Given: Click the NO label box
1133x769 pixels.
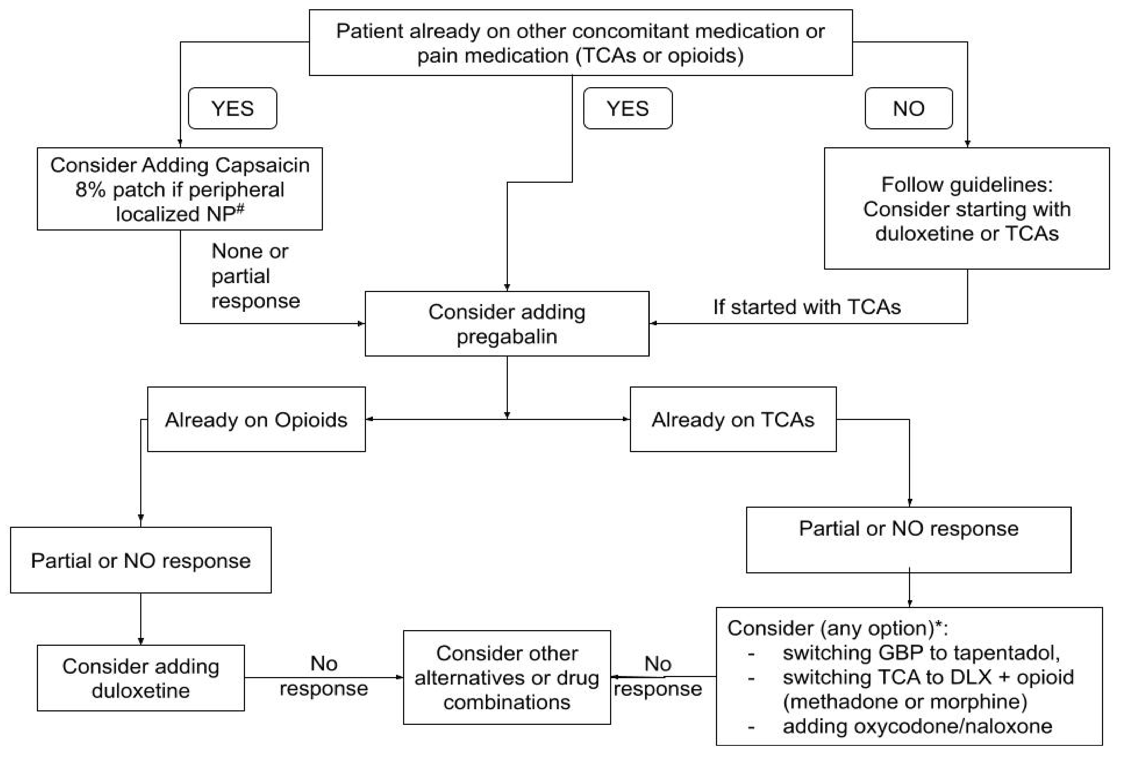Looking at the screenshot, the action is [909, 108].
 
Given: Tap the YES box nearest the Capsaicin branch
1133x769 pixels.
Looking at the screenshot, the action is [232, 108].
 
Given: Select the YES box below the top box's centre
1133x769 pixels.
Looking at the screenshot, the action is [628, 108].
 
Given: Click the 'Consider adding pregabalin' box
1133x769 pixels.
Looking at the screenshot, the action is [507, 324].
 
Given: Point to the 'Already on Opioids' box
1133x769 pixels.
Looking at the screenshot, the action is [256, 419].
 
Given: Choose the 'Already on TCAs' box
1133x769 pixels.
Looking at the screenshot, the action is [733, 419].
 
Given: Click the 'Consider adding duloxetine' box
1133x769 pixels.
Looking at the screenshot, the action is [141, 678].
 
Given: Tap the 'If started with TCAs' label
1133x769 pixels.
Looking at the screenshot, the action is [807, 307].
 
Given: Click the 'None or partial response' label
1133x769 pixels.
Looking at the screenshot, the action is [256, 276].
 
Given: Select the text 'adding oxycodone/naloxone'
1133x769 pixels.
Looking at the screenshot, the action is [918, 726].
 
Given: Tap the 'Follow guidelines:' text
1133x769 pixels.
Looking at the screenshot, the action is [967, 185].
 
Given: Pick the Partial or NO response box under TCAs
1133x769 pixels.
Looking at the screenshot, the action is [909, 540].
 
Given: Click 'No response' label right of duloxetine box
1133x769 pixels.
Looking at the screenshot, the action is [324, 676].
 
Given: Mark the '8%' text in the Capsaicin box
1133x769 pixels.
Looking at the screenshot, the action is [90, 190].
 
